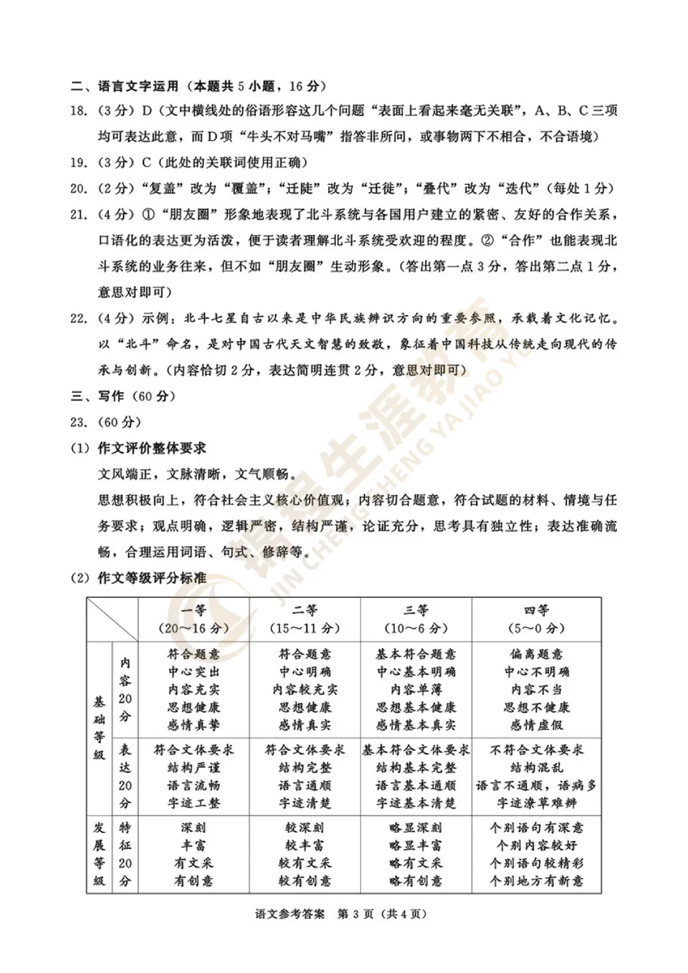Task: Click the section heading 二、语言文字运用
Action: coord(138,86)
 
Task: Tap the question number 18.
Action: coord(78,111)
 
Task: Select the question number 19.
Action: coord(78,163)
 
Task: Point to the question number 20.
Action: coord(78,188)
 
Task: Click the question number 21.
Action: coord(78,215)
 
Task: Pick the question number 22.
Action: coord(78,318)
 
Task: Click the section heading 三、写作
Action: coord(97,396)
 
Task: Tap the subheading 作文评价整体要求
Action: coord(152,448)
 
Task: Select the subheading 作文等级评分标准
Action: coord(152,578)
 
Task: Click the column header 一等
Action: coord(193,611)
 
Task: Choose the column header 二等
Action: coord(305,611)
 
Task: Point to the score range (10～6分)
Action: coord(416,629)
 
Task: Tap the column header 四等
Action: coord(536,611)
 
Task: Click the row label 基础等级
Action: coord(99,728)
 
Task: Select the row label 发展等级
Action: coord(99,855)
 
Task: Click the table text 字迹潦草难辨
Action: coord(536,804)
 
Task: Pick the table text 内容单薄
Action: coord(416,690)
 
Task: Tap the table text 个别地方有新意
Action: coord(536,881)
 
